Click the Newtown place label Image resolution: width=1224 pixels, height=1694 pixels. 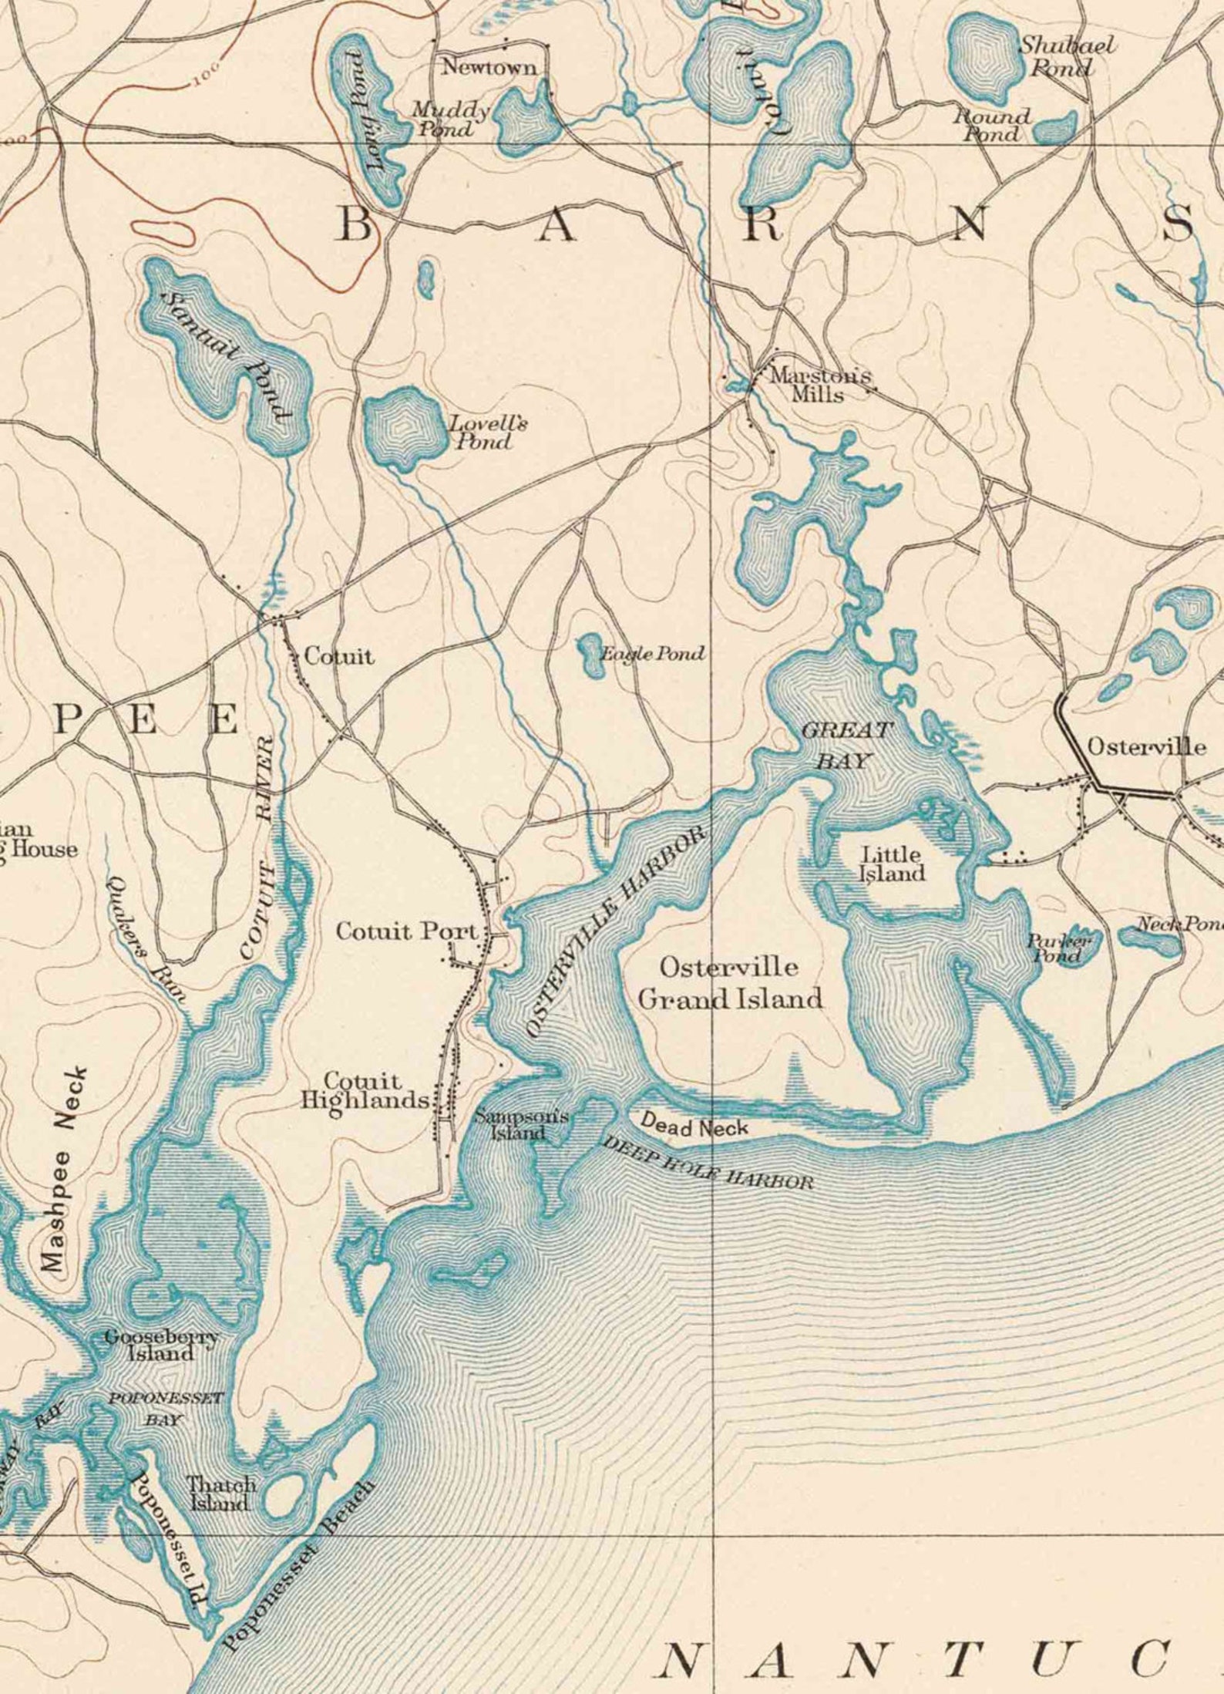489,68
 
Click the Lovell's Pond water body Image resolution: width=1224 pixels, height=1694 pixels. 402,426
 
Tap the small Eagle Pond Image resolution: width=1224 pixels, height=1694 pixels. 593,655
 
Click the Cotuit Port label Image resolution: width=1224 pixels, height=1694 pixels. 408,931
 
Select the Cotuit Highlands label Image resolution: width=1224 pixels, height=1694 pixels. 364,1090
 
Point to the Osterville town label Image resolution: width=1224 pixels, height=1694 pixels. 1146,746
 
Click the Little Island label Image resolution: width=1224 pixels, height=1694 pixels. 893,864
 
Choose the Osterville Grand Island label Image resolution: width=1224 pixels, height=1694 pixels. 730,984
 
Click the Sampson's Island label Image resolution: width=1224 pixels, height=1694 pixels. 521,1123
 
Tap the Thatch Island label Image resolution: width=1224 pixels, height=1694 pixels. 221,1494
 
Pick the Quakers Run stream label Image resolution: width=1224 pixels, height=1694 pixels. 146,939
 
